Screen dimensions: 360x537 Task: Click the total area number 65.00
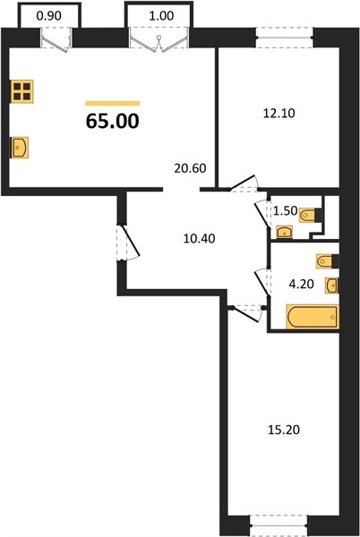112,121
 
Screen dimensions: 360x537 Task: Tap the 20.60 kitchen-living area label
190,168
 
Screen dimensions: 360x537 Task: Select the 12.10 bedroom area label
279,113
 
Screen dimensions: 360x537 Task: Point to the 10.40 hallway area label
199,238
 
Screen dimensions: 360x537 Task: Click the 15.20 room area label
284,430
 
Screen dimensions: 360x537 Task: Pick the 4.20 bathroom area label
302,284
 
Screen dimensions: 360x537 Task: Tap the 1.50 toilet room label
285,211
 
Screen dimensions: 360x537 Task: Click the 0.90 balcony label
48,16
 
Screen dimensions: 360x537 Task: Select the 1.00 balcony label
161,16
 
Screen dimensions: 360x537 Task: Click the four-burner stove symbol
21,91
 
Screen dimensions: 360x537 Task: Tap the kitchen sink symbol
19,148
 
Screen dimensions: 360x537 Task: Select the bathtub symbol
313,317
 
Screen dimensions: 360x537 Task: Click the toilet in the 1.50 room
311,216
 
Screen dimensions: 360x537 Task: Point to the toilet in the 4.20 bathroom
328,261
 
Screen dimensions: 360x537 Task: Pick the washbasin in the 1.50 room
284,232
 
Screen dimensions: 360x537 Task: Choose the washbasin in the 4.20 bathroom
332,286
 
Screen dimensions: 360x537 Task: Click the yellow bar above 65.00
113,103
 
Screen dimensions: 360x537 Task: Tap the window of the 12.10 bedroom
284,38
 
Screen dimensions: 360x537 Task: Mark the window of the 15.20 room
279,525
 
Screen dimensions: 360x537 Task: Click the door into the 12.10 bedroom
244,183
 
